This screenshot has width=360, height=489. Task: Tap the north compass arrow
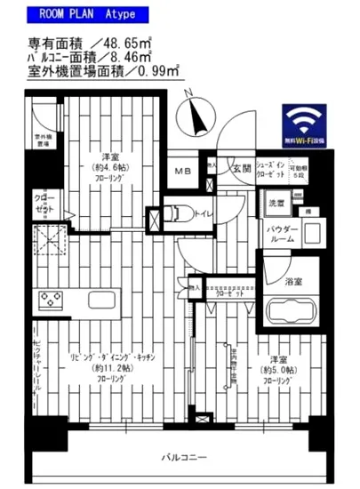click(x=193, y=111)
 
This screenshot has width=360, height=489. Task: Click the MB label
click(x=181, y=172)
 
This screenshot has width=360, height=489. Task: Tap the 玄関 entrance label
click(x=242, y=168)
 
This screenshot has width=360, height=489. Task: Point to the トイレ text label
click(x=203, y=212)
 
